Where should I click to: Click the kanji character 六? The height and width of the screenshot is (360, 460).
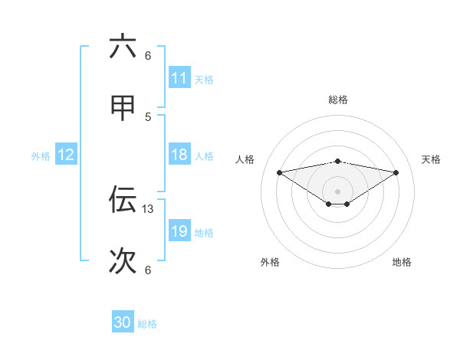[123, 47]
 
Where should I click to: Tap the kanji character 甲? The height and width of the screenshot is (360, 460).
[123, 109]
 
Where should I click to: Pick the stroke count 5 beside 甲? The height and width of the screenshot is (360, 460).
[148, 116]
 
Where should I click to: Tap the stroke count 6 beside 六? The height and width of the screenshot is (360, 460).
[148, 55]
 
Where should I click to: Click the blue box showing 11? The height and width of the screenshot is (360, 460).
[179, 78]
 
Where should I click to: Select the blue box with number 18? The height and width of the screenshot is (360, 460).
[179, 155]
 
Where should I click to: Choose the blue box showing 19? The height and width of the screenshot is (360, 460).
[179, 231]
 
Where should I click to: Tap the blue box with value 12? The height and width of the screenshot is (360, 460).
[66, 155]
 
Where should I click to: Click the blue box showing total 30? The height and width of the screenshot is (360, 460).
[123, 322]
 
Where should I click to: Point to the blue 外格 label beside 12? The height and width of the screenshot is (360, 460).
[41, 155]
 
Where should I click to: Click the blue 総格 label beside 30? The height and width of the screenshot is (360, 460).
[147, 323]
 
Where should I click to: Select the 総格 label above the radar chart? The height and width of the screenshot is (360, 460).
[338, 100]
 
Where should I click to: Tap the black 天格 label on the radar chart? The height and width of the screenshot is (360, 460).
[432, 159]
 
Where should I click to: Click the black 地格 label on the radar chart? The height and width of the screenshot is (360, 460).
[402, 262]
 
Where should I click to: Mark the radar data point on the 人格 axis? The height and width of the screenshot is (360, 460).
[279, 172]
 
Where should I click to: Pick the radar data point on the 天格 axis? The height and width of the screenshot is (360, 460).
[396, 172]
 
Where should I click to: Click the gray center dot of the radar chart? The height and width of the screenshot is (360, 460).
[338, 191]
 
